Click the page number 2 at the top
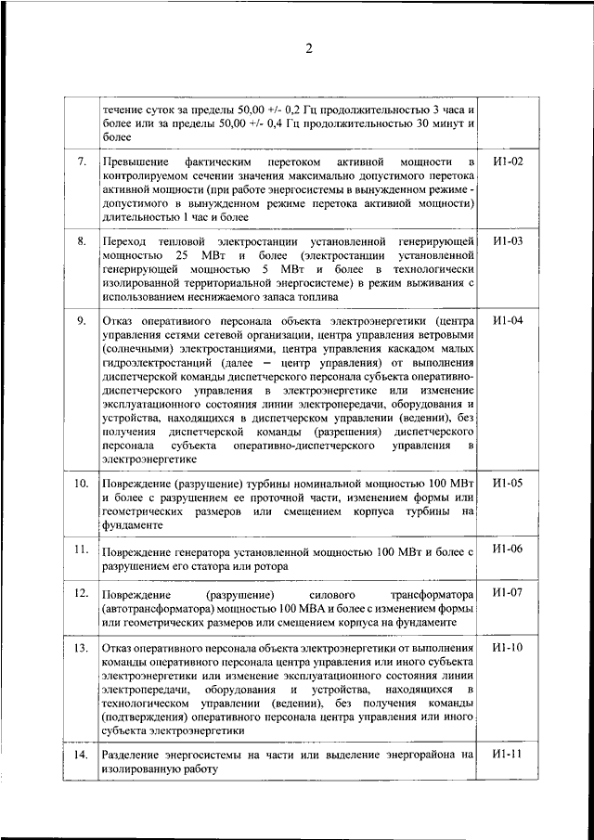click(309, 49)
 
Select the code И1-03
click(509, 241)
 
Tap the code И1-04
click(509, 321)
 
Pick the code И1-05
click(509, 484)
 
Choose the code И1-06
click(509, 549)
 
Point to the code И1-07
click(509, 592)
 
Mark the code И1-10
click(509, 647)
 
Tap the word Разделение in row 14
click(136, 756)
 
